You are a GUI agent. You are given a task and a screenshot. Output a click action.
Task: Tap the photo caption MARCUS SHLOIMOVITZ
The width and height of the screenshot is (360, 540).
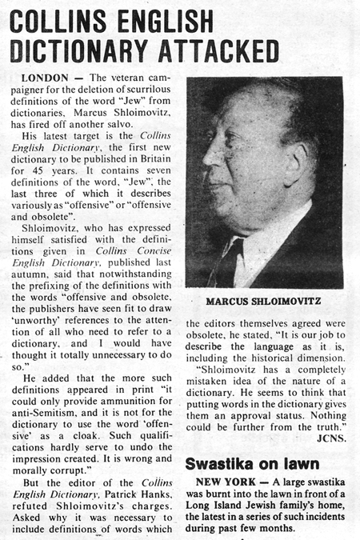pos(264,302)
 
